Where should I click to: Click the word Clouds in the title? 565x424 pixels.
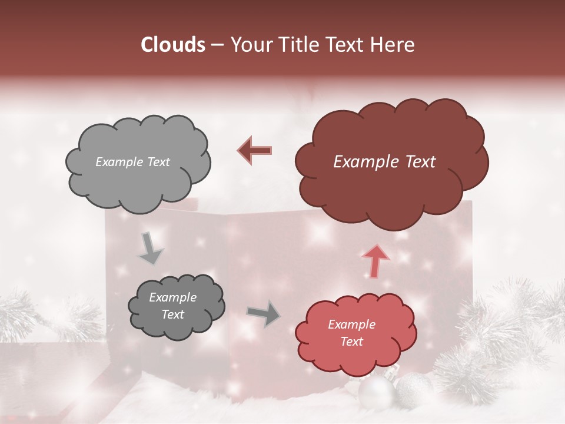pyautogui.click(x=174, y=45)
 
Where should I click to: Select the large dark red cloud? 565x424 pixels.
pyautogui.click(x=391, y=163)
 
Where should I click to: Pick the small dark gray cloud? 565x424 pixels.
pyautogui.click(x=176, y=307)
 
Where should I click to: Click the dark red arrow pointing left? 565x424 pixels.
pyautogui.click(x=255, y=150)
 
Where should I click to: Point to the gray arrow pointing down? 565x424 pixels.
pyautogui.click(x=150, y=248)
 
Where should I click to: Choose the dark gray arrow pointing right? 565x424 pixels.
pyautogui.click(x=263, y=313)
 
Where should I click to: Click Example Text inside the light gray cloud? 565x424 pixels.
pyautogui.click(x=132, y=162)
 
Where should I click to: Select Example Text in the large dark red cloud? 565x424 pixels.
pyautogui.click(x=384, y=162)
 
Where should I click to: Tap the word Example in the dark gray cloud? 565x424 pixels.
pyautogui.click(x=172, y=297)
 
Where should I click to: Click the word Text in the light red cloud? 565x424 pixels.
pyautogui.click(x=351, y=342)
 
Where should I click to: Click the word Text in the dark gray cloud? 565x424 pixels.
pyautogui.click(x=172, y=314)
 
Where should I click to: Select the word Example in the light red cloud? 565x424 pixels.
pyautogui.click(x=351, y=324)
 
